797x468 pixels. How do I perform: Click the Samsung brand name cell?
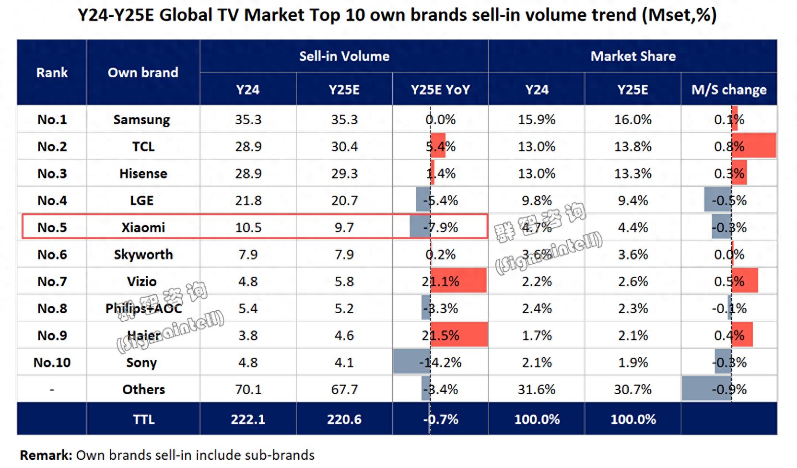(x=141, y=119)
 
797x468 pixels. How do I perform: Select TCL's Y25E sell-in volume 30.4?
(x=344, y=146)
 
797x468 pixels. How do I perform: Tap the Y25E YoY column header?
(x=440, y=90)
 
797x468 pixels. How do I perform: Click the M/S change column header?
(x=729, y=90)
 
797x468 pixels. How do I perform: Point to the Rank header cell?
(x=52, y=72)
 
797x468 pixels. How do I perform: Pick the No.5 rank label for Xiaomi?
(x=52, y=227)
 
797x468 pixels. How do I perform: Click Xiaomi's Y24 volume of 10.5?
(x=248, y=227)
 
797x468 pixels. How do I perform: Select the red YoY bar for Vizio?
(x=458, y=281)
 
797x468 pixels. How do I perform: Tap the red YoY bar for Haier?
(x=459, y=335)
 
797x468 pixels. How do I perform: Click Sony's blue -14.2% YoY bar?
(x=411, y=362)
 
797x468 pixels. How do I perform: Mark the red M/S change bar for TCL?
(x=754, y=146)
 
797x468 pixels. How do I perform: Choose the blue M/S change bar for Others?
(x=706, y=389)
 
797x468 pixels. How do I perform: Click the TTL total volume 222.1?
(x=248, y=420)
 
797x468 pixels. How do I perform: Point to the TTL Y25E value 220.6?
(x=344, y=420)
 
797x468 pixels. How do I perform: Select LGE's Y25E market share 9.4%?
(x=633, y=200)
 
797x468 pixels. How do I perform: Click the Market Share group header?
(x=633, y=56)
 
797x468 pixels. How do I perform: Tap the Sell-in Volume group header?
(x=344, y=56)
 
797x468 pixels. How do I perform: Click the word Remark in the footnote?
(x=46, y=455)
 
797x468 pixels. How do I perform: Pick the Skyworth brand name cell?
(x=143, y=255)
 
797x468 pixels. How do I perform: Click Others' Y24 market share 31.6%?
(x=536, y=389)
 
